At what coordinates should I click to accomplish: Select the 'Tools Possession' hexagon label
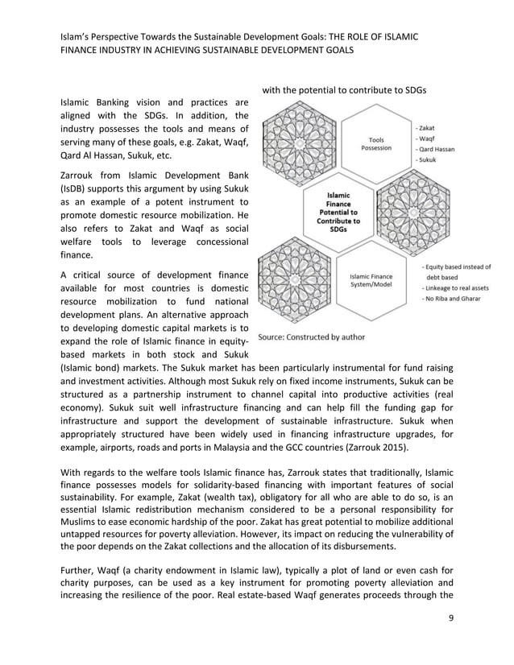pyautogui.click(x=376, y=143)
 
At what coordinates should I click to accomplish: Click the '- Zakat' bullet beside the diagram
pyautogui.click(x=428, y=127)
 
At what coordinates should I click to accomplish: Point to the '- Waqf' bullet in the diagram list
pyautogui.click(x=427, y=138)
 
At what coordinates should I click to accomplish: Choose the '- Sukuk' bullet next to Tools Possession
pyautogui.click(x=428, y=160)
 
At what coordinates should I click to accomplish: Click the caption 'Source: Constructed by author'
pyautogui.click(x=311, y=337)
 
